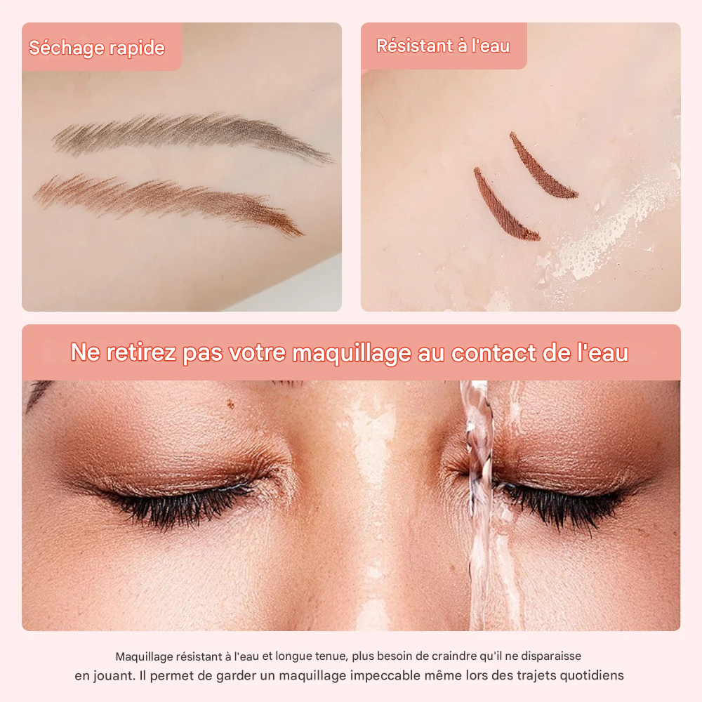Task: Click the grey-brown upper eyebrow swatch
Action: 190,133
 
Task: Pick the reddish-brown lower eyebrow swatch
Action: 168,200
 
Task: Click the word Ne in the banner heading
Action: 86,353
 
